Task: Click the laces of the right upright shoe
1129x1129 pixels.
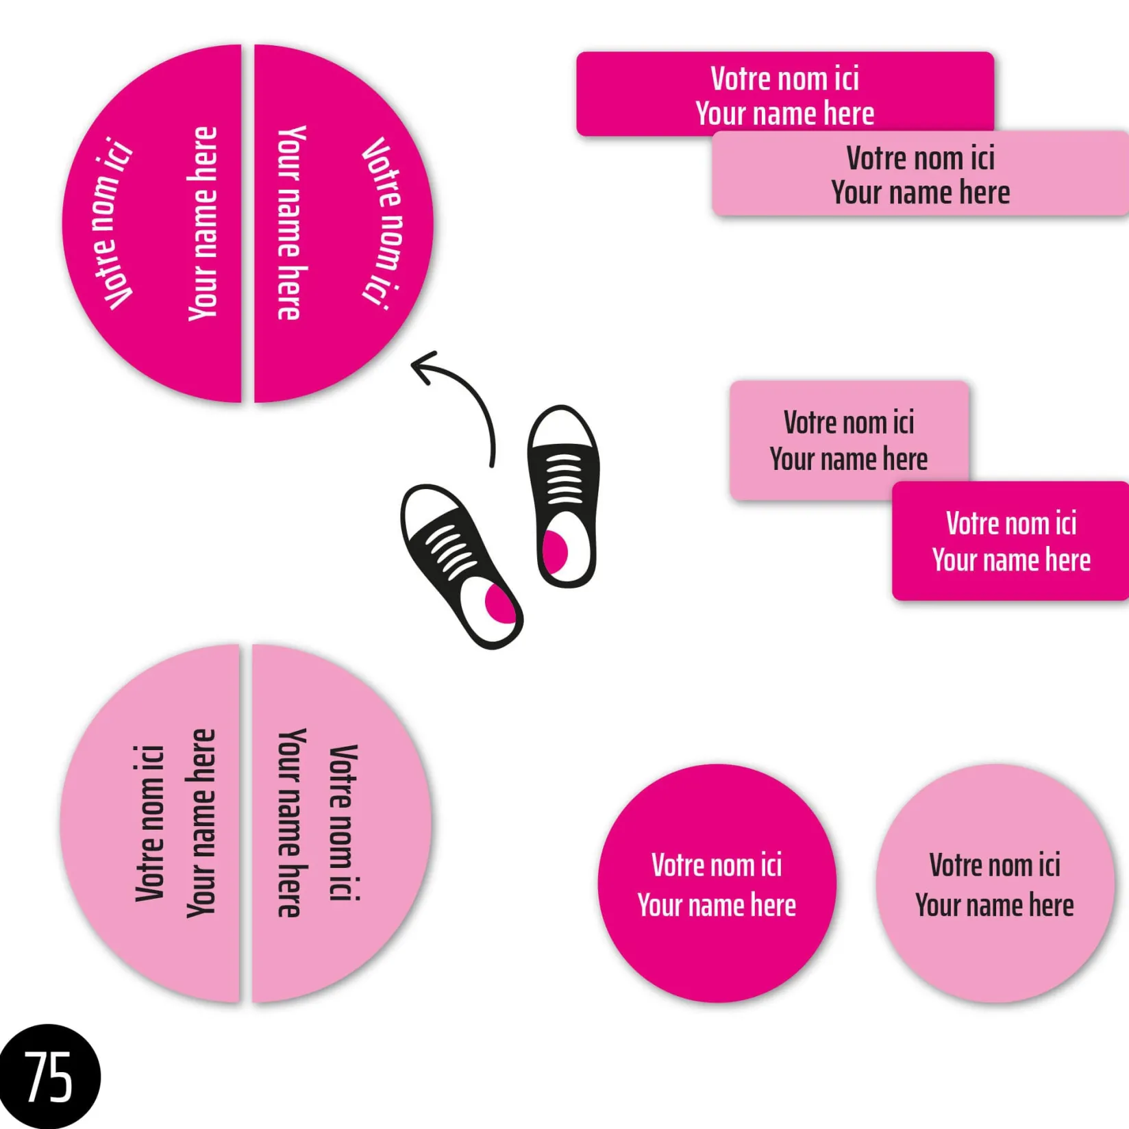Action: (x=564, y=479)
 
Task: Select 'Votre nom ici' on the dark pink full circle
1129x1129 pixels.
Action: (x=717, y=865)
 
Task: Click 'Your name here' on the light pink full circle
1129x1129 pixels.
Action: (x=994, y=906)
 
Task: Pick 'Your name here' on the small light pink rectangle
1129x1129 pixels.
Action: (x=848, y=460)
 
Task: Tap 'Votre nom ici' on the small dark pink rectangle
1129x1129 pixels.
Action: (x=1011, y=524)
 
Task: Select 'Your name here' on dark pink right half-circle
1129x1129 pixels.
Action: (x=290, y=223)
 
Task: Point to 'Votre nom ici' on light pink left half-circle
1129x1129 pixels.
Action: (x=150, y=823)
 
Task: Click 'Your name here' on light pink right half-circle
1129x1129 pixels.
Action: (x=290, y=823)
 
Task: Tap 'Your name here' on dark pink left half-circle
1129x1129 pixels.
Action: (x=203, y=223)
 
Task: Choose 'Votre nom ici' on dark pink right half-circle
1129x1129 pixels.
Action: (x=382, y=223)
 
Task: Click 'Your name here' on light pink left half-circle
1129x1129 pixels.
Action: (x=201, y=823)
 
